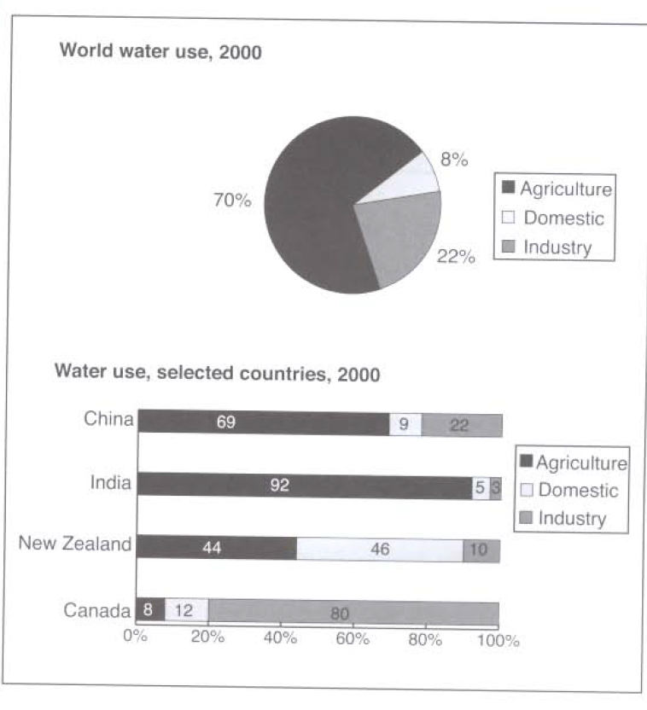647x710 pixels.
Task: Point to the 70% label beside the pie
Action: (x=232, y=201)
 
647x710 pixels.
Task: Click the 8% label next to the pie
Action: (x=454, y=160)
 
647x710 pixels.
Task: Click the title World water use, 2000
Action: (x=160, y=51)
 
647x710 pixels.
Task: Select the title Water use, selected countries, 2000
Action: (x=217, y=373)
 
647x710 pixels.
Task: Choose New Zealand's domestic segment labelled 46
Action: (x=379, y=550)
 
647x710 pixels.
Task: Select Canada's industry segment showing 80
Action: (x=352, y=612)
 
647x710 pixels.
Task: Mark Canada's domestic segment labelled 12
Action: (x=185, y=612)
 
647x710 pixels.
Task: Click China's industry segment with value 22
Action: (x=461, y=424)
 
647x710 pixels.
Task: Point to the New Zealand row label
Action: (x=75, y=544)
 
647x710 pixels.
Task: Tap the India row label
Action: (x=110, y=483)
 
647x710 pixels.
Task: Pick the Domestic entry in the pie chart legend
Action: (x=562, y=218)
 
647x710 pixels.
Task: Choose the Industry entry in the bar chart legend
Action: (x=571, y=518)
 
